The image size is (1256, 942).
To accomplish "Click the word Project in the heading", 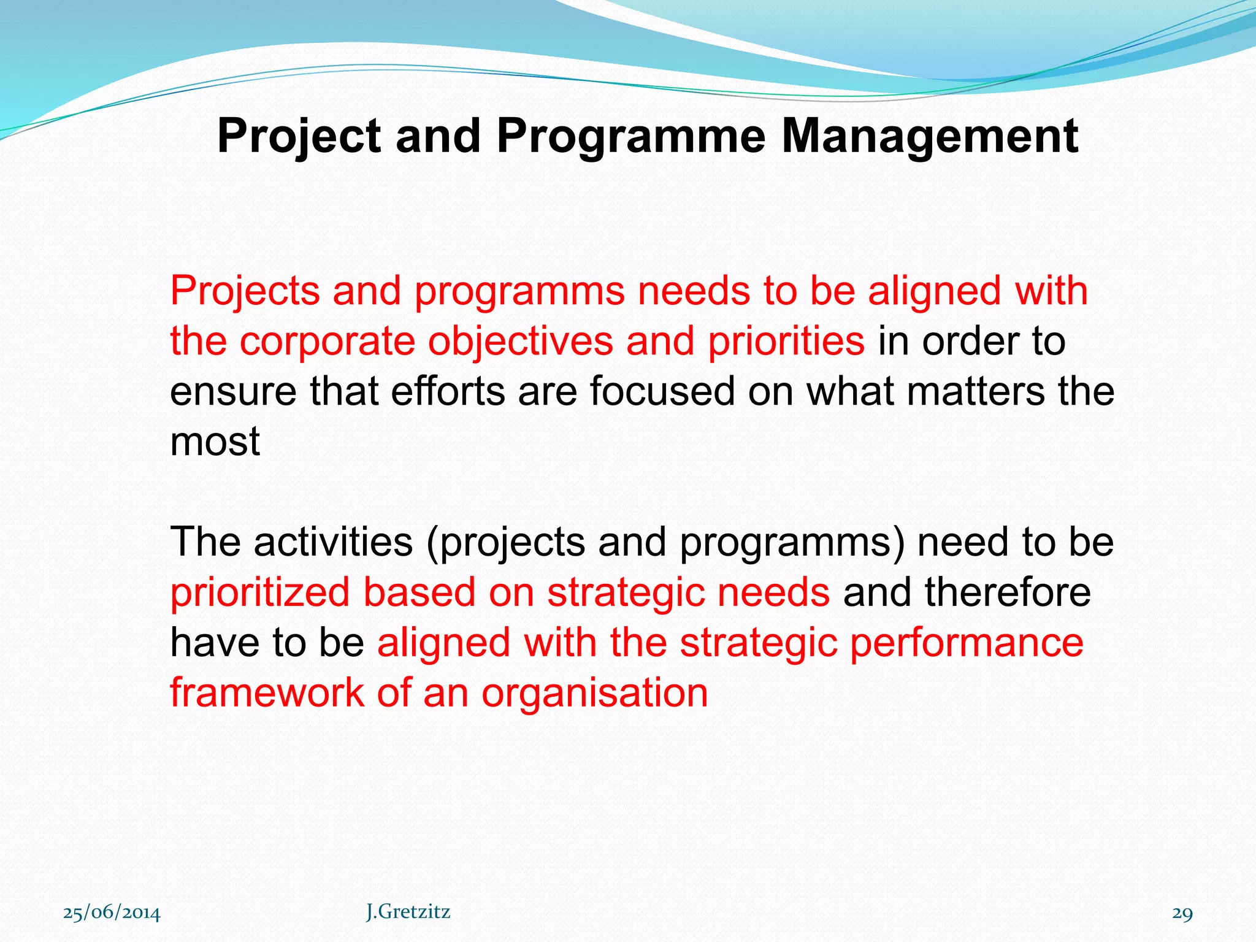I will [x=299, y=136].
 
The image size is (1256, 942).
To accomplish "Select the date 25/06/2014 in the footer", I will [x=112, y=913].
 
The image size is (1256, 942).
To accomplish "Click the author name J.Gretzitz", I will [x=408, y=912].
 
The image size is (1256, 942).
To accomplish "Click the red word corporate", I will [x=327, y=341].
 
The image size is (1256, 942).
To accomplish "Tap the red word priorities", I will [x=786, y=341].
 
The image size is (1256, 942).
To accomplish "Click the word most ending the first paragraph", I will [x=215, y=442].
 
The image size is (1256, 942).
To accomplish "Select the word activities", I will [x=333, y=542].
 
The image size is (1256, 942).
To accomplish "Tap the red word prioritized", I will [x=259, y=592].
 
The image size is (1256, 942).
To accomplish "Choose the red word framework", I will [x=267, y=693].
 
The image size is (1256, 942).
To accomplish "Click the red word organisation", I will [x=594, y=693].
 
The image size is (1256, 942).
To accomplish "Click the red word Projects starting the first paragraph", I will [x=245, y=291].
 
